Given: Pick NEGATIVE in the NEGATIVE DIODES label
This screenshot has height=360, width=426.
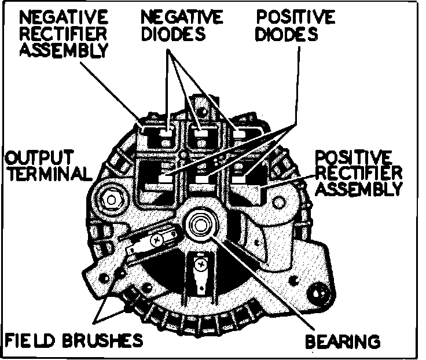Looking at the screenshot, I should click(181, 16).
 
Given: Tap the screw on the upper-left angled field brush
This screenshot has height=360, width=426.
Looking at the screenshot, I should click(157, 238).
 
